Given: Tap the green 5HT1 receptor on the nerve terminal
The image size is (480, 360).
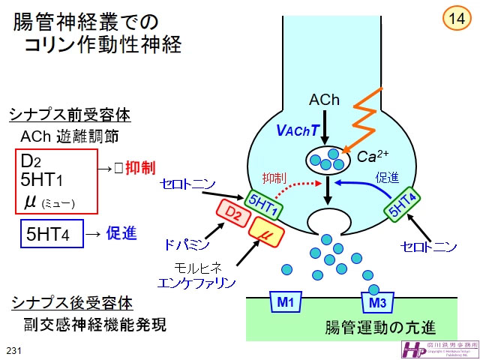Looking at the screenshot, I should tap(262, 202).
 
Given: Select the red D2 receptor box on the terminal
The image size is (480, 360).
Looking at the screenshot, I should tap(234, 214).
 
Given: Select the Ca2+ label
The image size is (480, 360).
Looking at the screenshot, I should tap(371, 156).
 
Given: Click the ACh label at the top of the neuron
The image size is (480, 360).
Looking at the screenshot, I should tap(324, 100).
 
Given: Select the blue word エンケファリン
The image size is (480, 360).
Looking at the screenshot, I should tap(196, 282).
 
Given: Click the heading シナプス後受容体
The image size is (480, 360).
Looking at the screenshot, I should tap(71, 303).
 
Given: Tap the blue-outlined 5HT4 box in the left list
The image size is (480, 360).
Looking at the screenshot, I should tap(49, 234).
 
